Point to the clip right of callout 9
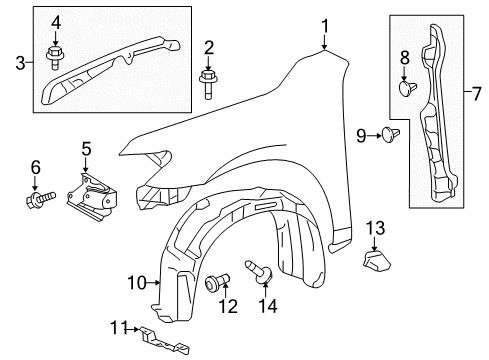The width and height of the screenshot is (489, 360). click(389, 133)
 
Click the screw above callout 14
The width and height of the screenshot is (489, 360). click(264, 270)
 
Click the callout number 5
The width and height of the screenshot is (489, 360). click(86, 150)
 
